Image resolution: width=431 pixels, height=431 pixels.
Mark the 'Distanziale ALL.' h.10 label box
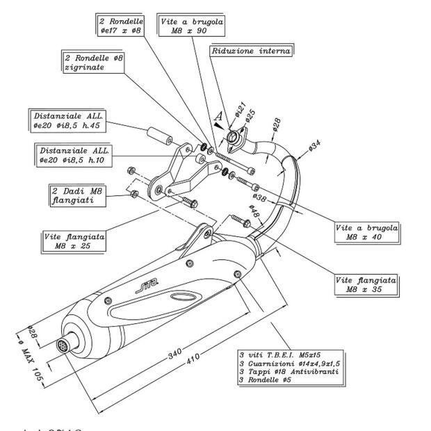click(x=73, y=155)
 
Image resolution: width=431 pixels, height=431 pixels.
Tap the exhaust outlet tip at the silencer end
click(x=64, y=344)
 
